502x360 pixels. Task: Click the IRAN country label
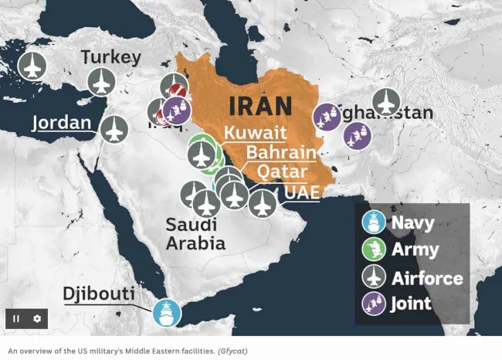[259, 106]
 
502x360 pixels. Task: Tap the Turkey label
[111, 57]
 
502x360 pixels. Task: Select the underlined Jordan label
[61, 123]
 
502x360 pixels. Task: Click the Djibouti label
[99, 294]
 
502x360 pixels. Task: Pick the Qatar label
[282, 171]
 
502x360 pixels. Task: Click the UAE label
[301, 191]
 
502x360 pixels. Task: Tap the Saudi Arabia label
[195, 234]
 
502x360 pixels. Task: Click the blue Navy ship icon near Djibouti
[166, 313]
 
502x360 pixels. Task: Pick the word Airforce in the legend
[427, 277]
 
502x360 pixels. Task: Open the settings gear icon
[36, 318]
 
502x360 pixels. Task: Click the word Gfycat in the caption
[232, 351]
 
